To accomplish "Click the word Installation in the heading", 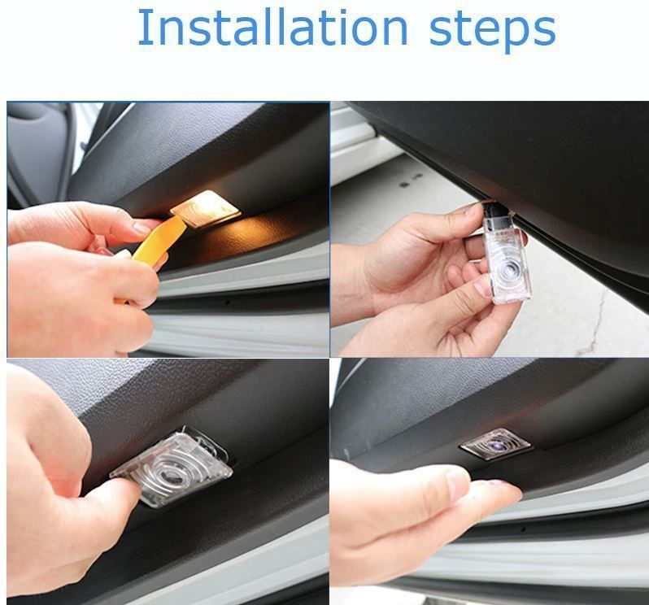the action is click(272, 28).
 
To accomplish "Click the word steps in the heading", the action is click(492, 31).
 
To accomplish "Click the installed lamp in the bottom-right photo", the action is click(495, 444).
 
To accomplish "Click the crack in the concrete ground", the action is click(592, 323).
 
